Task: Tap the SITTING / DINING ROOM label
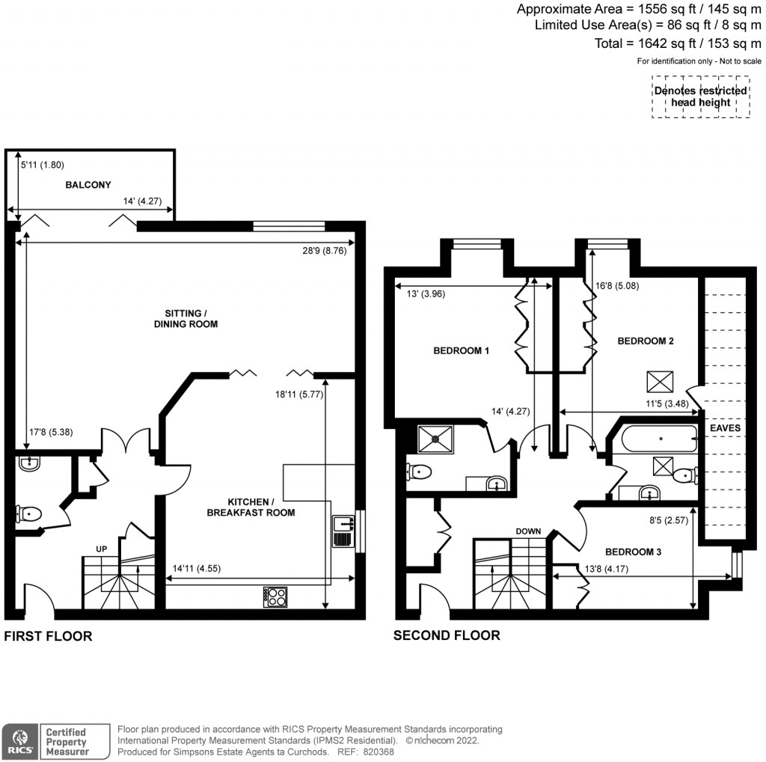[x=186, y=318]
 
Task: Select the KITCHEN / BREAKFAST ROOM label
[x=262, y=507]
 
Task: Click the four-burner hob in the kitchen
[x=275, y=597]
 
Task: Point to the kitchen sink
[x=343, y=531]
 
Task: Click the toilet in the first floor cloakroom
[x=28, y=514]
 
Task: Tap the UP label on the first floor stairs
[x=102, y=549]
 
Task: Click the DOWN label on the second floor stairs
[x=528, y=531]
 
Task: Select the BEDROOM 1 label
[x=462, y=350]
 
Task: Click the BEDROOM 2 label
[x=646, y=341]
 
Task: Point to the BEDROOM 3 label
[x=633, y=552]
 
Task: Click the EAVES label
[x=726, y=427]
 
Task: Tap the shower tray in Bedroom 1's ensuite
[x=432, y=437]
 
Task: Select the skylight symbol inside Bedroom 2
[x=661, y=381]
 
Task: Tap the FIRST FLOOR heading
[x=49, y=636]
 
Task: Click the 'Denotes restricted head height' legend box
[x=700, y=97]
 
